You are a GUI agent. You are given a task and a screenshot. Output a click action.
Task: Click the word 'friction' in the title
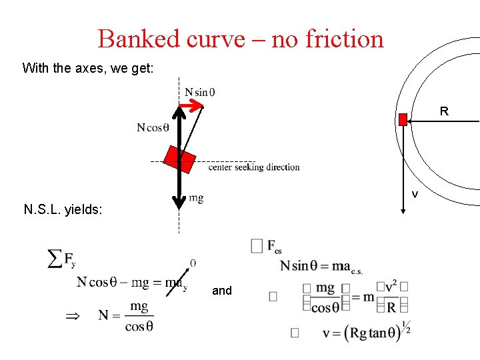345,39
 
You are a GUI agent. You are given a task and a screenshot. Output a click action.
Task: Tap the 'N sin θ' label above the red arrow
199,91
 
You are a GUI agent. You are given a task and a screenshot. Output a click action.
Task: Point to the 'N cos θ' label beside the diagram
153,128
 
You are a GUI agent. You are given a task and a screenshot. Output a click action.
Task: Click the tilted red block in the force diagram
181,162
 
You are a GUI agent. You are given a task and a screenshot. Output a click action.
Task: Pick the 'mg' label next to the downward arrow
196,197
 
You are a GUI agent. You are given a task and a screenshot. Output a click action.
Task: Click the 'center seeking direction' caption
254,167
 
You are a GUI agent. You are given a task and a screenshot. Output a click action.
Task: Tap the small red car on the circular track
403,119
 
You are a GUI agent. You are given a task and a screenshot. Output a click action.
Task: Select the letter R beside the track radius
444,112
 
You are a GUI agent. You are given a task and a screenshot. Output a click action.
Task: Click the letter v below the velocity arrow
415,195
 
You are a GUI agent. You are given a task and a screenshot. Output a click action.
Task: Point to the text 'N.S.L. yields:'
63,211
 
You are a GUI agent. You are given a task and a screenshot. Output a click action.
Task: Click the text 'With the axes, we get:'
88,68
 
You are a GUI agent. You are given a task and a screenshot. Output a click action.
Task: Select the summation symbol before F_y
56,259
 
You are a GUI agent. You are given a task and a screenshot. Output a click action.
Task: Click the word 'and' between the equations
222,291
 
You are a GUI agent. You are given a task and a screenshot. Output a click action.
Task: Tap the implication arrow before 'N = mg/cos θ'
71,317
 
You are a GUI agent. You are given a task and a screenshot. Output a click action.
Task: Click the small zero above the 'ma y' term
193,263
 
